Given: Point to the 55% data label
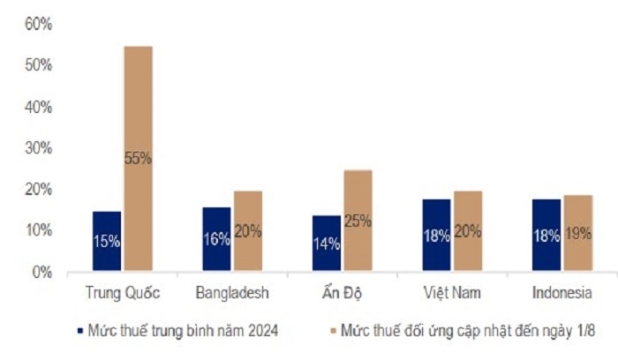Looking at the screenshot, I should pos(139,159).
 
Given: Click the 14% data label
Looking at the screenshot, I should pos(327,244).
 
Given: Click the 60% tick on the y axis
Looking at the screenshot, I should pos(38,25).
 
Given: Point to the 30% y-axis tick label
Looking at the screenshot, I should pos(38,148).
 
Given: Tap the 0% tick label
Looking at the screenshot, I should pos(41,273).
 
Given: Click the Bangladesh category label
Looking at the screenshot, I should pos(231,292).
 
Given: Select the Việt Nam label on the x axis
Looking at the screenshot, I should pos(452,292).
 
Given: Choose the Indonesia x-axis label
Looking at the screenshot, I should pos(561,292).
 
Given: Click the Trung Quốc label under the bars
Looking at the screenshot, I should pos(123,292).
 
